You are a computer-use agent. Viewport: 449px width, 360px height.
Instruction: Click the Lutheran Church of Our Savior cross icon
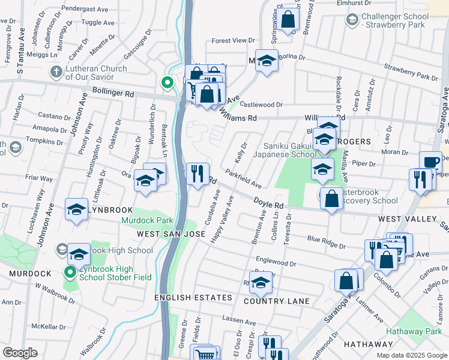pos(55,73)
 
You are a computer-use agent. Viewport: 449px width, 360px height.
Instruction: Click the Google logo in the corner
pos(20,353)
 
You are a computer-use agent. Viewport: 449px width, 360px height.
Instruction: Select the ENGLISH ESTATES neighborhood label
pos(193,298)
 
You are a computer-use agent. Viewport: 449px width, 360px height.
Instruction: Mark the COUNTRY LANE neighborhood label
pos(281,301)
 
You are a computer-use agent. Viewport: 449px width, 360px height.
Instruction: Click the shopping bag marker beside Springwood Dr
pos(288,19)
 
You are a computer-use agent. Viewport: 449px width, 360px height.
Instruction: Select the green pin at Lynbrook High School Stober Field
pos(70,272)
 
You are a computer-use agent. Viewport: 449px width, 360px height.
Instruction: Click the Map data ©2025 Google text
pos(411,355)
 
